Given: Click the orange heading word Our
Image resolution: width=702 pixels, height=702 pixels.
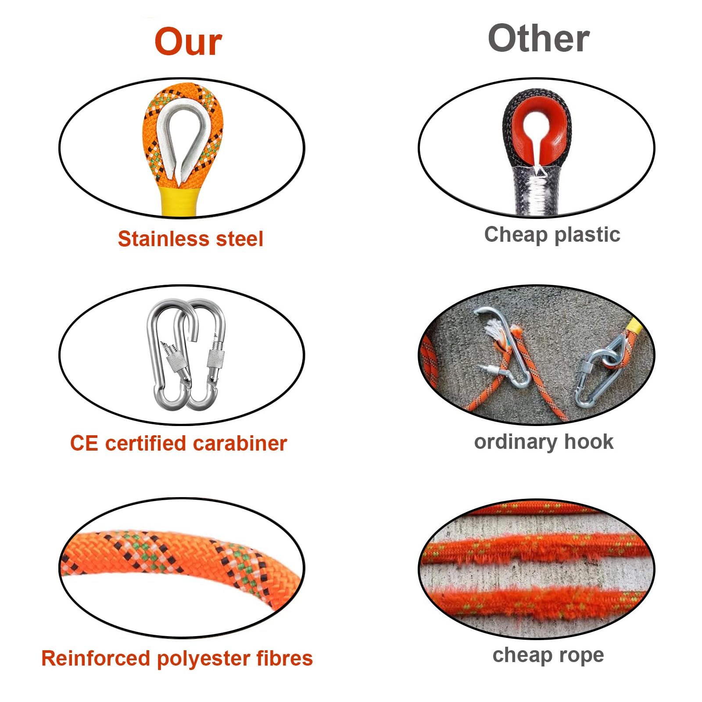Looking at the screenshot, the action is [188, 42].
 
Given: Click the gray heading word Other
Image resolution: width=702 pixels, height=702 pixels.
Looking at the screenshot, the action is [539, 39].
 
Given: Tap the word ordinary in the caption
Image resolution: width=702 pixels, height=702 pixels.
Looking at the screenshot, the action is [516, 442].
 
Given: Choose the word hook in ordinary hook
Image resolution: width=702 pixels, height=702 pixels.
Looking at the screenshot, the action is [589, 441].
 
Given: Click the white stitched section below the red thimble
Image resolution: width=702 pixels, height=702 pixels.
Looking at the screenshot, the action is [538, 191].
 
